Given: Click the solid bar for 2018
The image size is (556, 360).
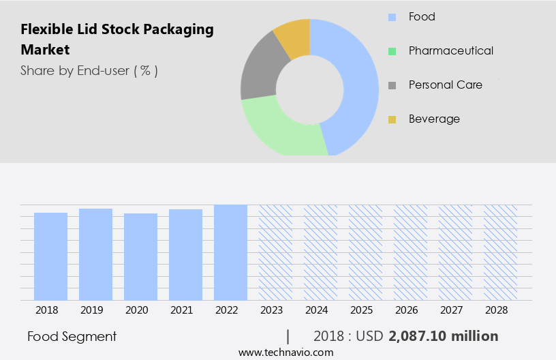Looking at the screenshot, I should pos(51,256).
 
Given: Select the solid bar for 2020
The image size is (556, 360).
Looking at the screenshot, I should pos(141,256).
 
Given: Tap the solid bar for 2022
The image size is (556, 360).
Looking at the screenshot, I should pos(231,252).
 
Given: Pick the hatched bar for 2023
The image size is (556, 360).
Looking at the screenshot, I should pos(275,252).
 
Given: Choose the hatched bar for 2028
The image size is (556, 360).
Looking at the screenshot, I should pos(500,252).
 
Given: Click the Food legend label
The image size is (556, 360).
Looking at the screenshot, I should pos(422,16).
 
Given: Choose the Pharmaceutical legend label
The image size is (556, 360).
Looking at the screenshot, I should pos(450,50).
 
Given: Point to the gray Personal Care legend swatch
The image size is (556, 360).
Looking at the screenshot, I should pos(392,85).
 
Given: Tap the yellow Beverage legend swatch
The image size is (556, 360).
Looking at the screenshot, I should pos(392,119).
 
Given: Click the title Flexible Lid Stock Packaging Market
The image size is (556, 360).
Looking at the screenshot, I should pos(117,40).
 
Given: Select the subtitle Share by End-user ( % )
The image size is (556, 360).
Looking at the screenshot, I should pos(89,70).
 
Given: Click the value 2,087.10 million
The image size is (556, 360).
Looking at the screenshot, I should pos(444,336).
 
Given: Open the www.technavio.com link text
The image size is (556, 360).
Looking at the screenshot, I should pos(286,352).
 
